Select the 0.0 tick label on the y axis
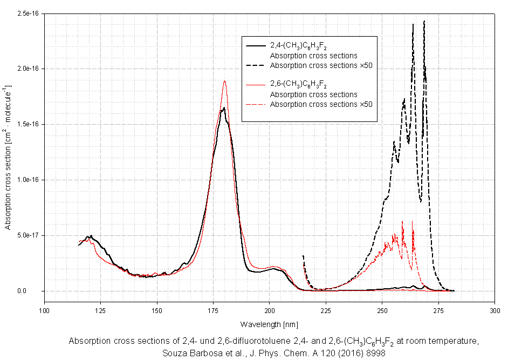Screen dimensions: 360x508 [x=36, y=291]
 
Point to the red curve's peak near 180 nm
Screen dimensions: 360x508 [x=224, y=81]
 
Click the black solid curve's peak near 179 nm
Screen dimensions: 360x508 [x=223, y=108]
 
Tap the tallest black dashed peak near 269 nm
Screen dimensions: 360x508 [x=424, y=21]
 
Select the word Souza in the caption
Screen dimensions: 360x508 [x=174, y=354]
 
